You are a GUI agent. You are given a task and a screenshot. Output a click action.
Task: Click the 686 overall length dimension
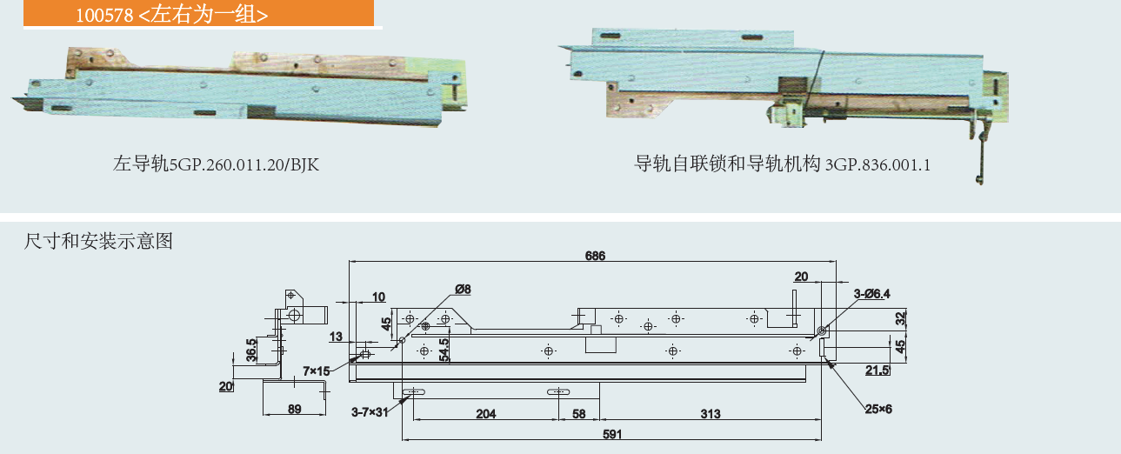tap(595, 256)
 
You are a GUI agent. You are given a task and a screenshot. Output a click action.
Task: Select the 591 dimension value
tap(612, 434)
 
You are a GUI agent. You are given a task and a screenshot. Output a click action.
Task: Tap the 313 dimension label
tap(711, 414)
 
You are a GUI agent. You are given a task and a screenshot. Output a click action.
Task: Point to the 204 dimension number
tap(485, 414)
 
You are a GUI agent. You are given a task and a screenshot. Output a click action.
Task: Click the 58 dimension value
tap(579, 414)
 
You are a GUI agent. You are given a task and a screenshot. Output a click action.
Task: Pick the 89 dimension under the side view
tap(294, 409)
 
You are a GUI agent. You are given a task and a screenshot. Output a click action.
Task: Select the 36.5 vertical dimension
tap(251, 350)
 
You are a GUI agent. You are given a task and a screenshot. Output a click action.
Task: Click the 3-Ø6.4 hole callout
tap(871, 294)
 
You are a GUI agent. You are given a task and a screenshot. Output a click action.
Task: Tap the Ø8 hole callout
tap(463, 289)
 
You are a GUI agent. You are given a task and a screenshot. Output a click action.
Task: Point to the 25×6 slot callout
tap(878, 409)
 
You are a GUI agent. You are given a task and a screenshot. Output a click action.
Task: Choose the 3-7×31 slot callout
tap(370, 412)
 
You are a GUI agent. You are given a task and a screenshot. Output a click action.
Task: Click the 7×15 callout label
tap(317, 371)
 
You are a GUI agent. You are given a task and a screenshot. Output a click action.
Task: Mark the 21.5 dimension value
tap(877, 370)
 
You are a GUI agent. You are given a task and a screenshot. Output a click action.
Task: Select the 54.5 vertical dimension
tap(444, 350)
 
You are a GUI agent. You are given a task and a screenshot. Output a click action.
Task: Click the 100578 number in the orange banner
tap(104, 16)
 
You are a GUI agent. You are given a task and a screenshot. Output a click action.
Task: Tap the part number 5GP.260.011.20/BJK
tap(244, 164)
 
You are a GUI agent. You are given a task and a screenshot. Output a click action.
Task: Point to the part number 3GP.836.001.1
tap(877, 164)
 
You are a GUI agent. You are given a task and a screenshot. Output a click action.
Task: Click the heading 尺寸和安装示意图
tap(98, 241)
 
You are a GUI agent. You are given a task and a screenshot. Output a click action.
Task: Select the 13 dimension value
tap(336, 337)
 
